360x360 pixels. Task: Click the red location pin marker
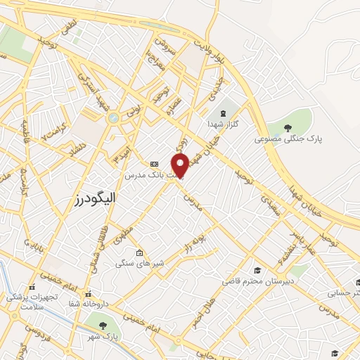coord(181,165)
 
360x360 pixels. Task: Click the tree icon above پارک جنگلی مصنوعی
coord(288,127)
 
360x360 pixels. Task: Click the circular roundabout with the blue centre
coord(112,119)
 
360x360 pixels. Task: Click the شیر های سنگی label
coord(140,264)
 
